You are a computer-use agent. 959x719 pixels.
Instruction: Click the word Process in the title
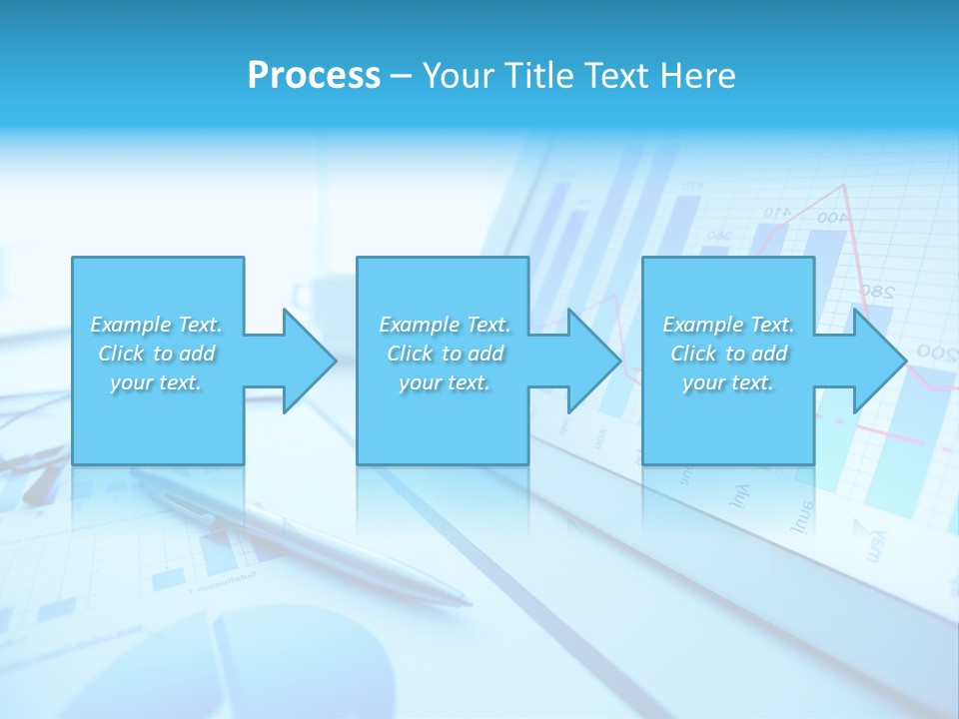click(x=314, y=76)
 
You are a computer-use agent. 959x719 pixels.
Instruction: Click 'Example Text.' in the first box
click(x=156, y=325)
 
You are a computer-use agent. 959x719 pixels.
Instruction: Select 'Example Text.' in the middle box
click(x=444, y=325)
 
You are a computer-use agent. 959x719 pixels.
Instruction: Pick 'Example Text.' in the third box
click(x=728, y=325)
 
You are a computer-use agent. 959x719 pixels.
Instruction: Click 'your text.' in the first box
click(x=156, y=382)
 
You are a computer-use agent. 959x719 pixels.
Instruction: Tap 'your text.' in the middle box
click(x=444, y=382)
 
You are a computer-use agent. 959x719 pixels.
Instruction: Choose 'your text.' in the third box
click(x=728, y=382)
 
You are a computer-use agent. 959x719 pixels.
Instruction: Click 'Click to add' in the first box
click(x=156, y=354)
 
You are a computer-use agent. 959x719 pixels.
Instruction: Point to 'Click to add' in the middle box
click(x=444, y=354)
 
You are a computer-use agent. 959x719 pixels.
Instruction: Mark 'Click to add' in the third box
click(x=728, y=354)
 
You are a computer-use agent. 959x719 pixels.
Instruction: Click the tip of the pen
click(x=467, y=602)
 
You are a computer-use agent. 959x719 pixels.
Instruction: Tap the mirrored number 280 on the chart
click(x=876, y=293)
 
